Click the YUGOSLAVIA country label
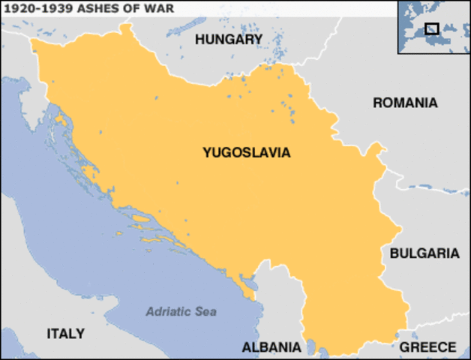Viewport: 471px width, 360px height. pos(246,152)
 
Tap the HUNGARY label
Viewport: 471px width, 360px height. pos(229,39)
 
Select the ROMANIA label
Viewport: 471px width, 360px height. pos(405,103)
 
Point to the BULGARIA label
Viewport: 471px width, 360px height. pos(424,253)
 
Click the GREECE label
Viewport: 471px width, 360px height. pos(427,347)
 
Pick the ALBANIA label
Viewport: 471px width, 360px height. pos(271,347)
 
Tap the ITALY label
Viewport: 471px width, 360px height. pos(66,333)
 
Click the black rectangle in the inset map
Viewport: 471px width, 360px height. pos(431,28)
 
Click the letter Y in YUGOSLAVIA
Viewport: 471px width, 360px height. pos(206,152)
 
